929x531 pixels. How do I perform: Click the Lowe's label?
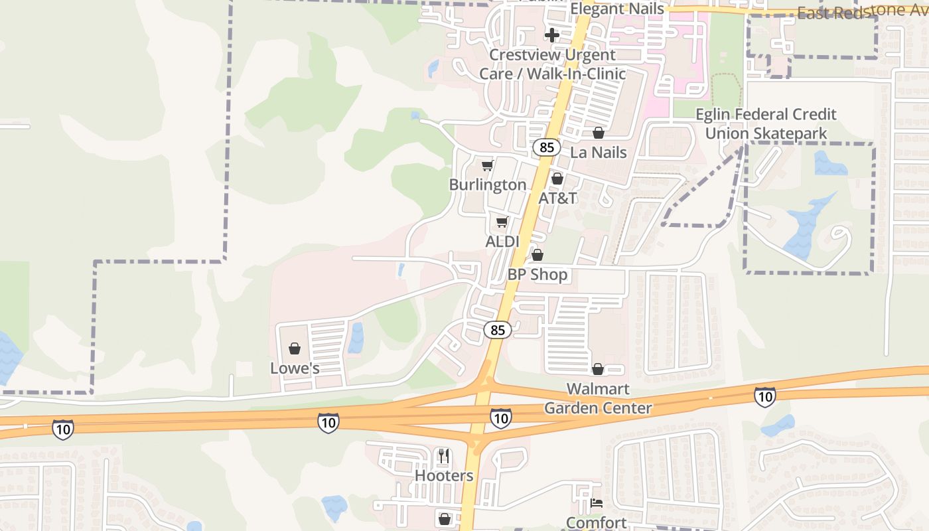(x=295, y=368)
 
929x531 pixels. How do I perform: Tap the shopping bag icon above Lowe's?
(x=295, y=348)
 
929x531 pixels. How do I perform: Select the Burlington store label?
(x=488, y=185)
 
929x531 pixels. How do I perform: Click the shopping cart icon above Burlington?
(x=488, y=165)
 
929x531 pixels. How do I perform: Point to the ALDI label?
(x=502, y=242)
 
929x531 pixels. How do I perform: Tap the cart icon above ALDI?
(x=502, y=222)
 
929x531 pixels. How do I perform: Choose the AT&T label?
(x=557, y=198)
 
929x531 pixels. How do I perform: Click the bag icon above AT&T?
(x=557, y=179)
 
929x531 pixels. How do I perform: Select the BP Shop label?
(x=537, y=274)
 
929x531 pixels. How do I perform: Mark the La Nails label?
(x=599, y=152)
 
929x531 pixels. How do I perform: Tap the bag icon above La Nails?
(x=599, y=133)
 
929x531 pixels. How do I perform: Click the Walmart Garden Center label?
(x=598, y=398)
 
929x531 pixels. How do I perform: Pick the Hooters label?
(x=444, y=475)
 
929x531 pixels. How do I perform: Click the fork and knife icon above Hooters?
(x=444, y=456)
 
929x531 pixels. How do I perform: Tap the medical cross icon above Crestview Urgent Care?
(x=552, y=35)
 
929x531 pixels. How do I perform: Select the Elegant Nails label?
(x=617, y=9)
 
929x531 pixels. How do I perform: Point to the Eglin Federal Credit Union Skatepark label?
(x=766, y=124)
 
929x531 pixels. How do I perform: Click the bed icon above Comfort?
(x=597, y=503)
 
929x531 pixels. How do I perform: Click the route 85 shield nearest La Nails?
(x=546, y=147)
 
